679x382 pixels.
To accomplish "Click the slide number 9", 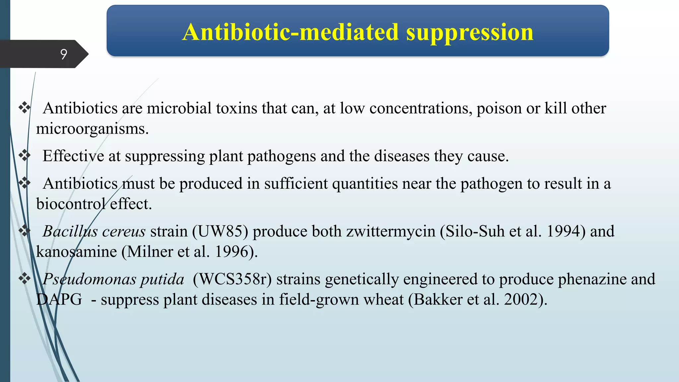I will pos(64,54).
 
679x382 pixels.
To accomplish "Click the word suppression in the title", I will pos(469,32).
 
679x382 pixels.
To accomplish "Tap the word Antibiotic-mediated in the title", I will pos(290,32).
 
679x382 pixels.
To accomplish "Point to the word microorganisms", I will pos(92,129).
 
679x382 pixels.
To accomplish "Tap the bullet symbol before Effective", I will pos(25,155).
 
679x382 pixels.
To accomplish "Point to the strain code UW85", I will pos(220,231).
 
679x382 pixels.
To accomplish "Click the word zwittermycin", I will pos(391,231).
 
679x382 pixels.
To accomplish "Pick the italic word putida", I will pos(162,279).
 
